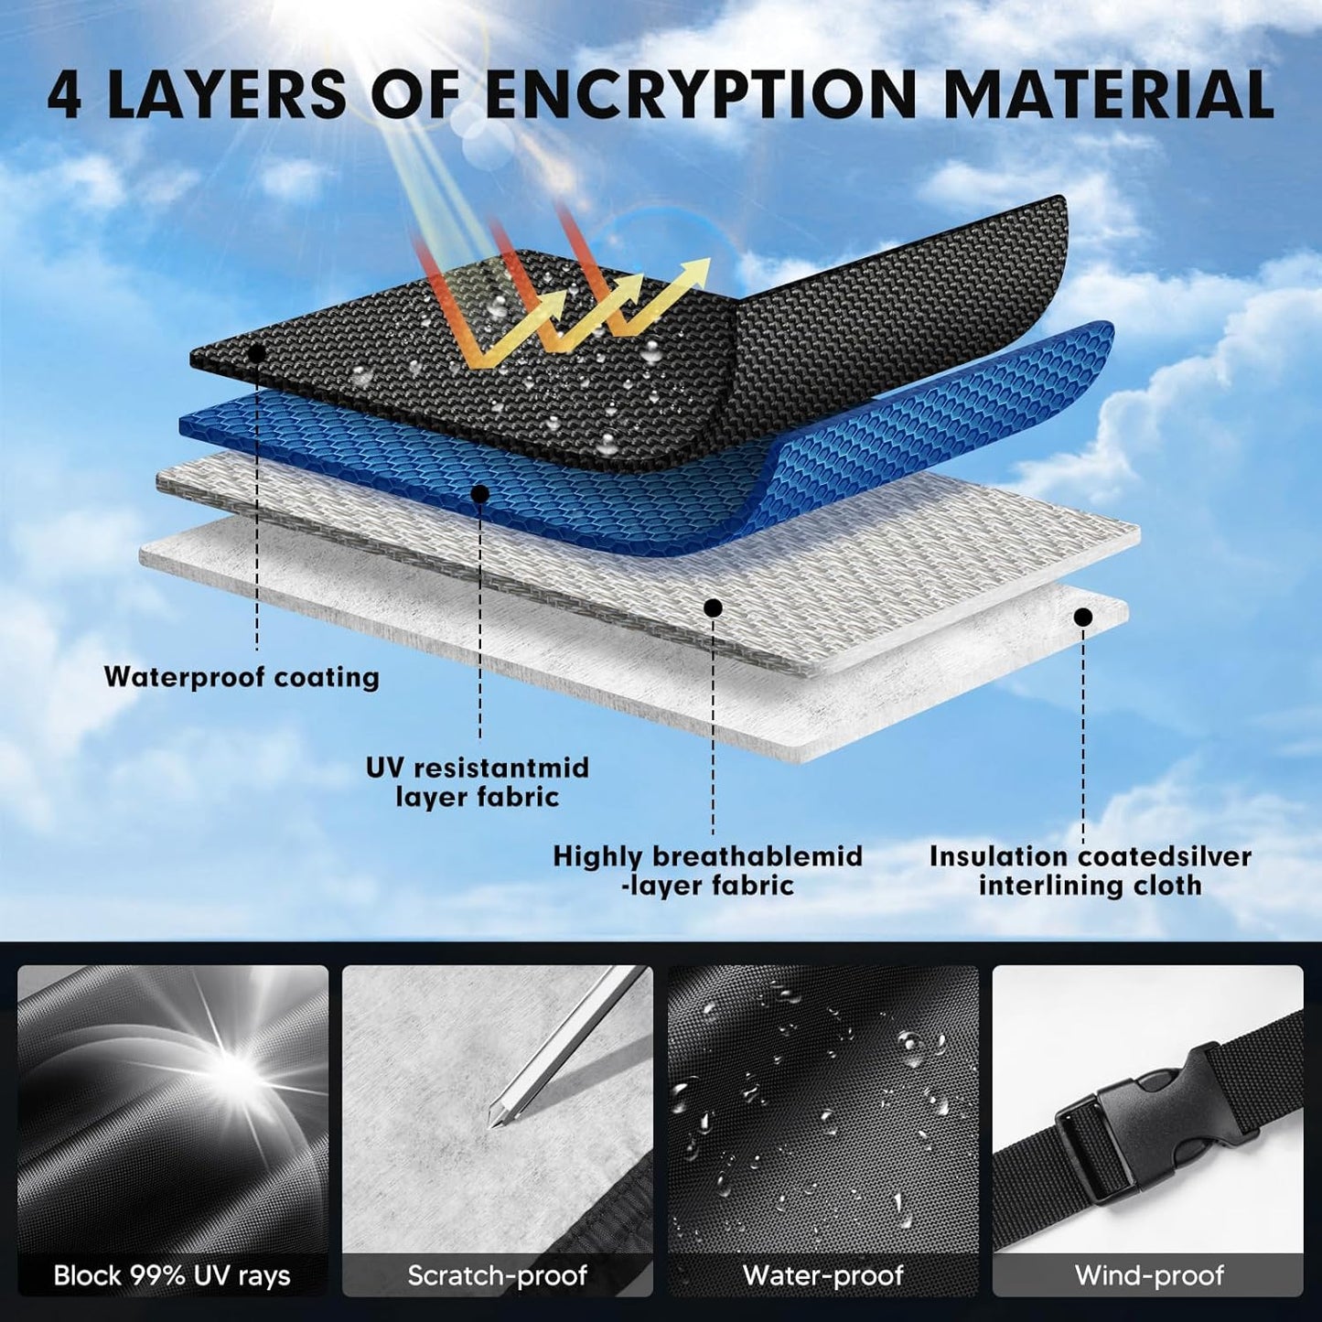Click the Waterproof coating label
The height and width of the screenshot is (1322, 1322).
click(x=242, y=677)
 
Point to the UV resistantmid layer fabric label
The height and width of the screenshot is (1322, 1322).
click(x=478, y=782)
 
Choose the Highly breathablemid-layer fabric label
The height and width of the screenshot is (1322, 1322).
click(x=707, y=871)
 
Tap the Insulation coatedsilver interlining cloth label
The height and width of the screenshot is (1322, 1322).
click(x=1091, y=871)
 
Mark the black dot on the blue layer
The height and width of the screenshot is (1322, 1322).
click(x=480, y=493)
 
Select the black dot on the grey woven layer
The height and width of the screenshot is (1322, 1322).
click(x=714, y=607)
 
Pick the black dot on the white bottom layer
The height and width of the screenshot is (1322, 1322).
click(x=1083, y=618)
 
